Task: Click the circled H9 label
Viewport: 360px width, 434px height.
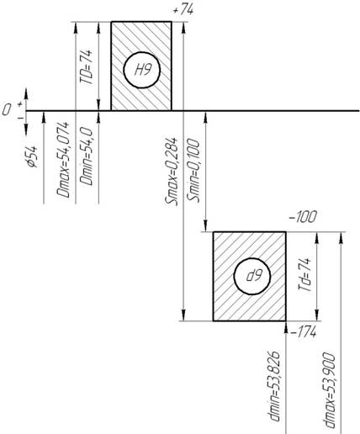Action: pos(141,70)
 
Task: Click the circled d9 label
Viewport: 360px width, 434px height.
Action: pos(252,276)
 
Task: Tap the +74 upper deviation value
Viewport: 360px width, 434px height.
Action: pos(183,10)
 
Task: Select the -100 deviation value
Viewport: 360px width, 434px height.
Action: pos(303,217)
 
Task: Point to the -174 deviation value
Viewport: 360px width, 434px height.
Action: pos(304,333)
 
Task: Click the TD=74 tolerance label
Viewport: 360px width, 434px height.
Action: pos(86,67)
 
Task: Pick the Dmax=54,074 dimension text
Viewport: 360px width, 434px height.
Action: pos(63,160)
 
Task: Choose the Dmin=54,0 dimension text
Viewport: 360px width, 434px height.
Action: pos(86,156)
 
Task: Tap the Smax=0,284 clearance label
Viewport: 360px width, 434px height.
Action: pos(172,172)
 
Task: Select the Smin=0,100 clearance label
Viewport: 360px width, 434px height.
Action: pos(193,171)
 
